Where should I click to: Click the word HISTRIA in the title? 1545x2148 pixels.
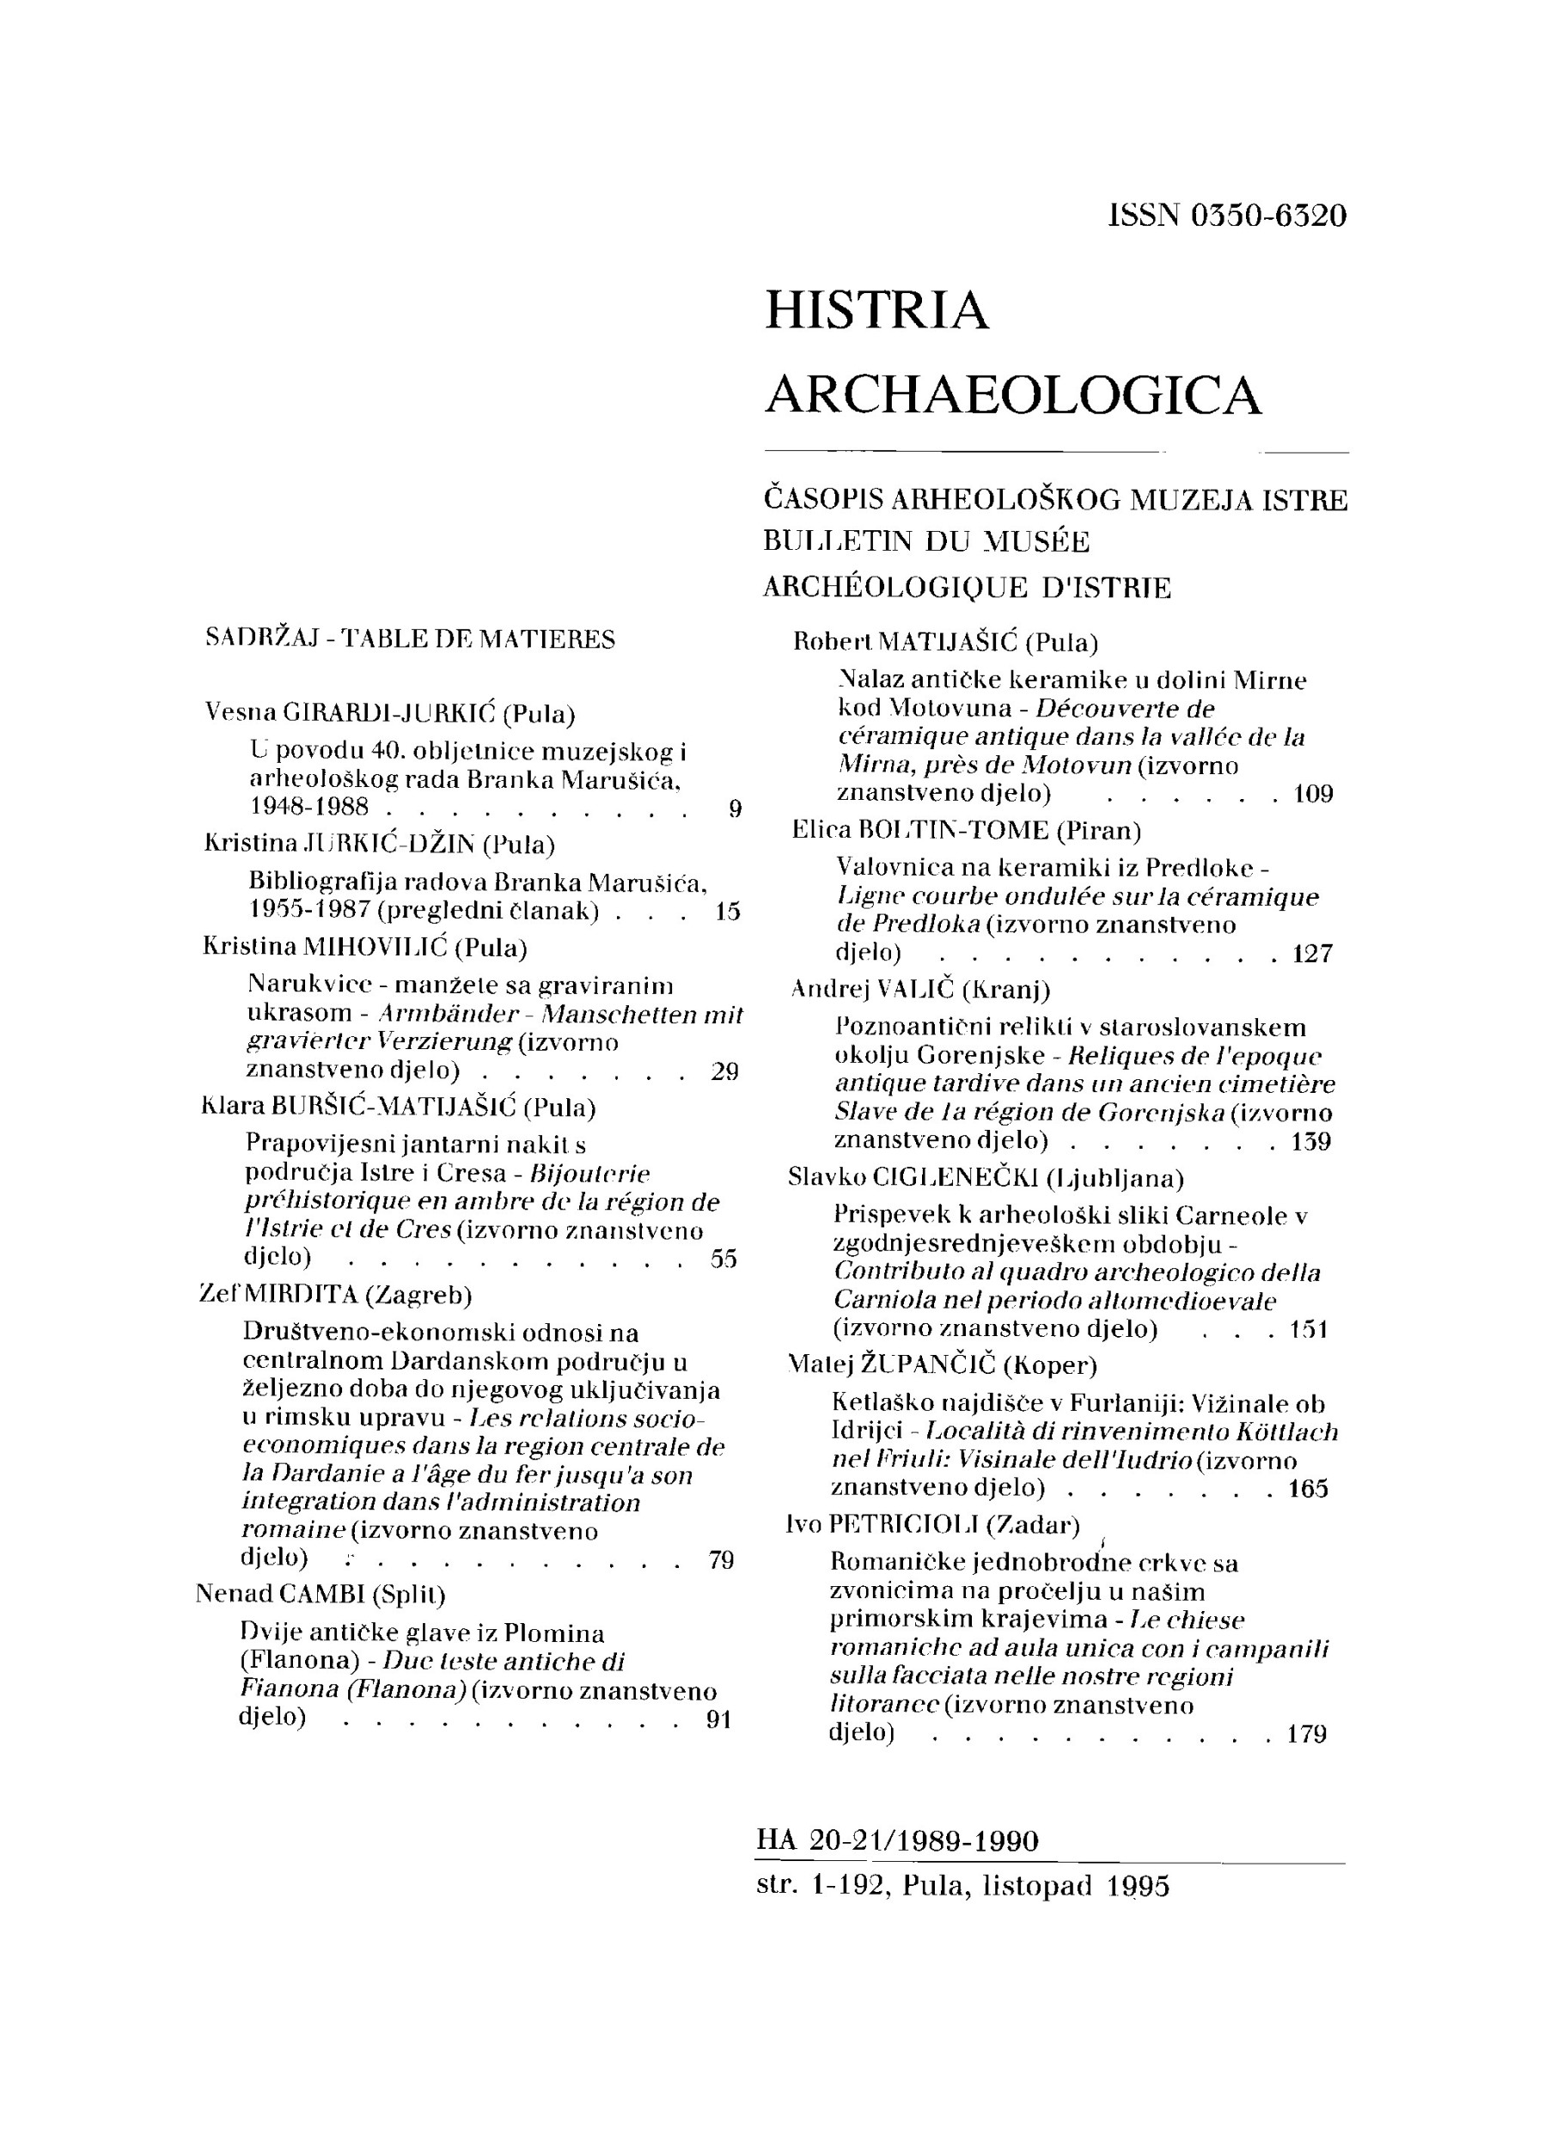point(876,312)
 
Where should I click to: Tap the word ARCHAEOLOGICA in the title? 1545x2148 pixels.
point(1012,395)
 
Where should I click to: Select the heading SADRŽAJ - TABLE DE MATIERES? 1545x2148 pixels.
point(410,639)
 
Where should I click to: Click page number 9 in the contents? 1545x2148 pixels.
point(735,808)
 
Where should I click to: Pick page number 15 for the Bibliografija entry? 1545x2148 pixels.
point(728,912)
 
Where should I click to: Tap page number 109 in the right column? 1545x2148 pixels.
point(1313,794)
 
